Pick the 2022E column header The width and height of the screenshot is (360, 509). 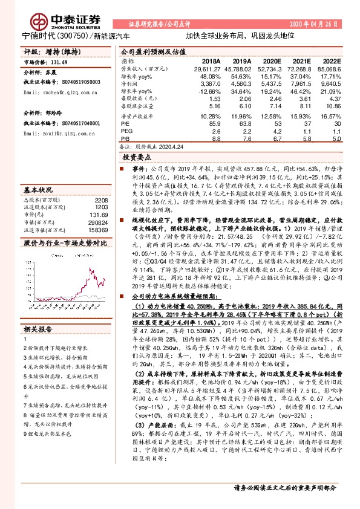point(331,62)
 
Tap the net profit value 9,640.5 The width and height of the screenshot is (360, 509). point(331,84)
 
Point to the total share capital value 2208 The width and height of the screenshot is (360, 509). point(101,199)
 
